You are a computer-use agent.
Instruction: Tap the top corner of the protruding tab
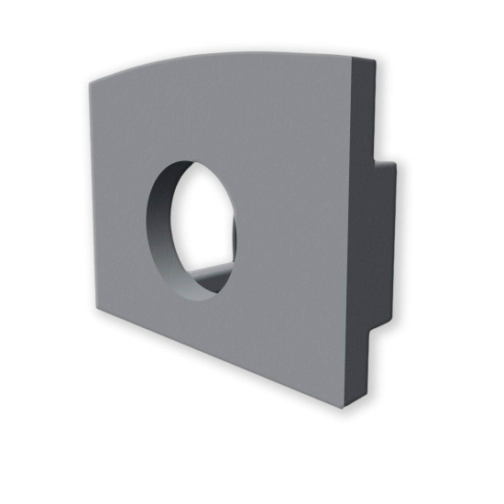(394, 165)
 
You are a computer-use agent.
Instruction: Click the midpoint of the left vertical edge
(90, 192)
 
